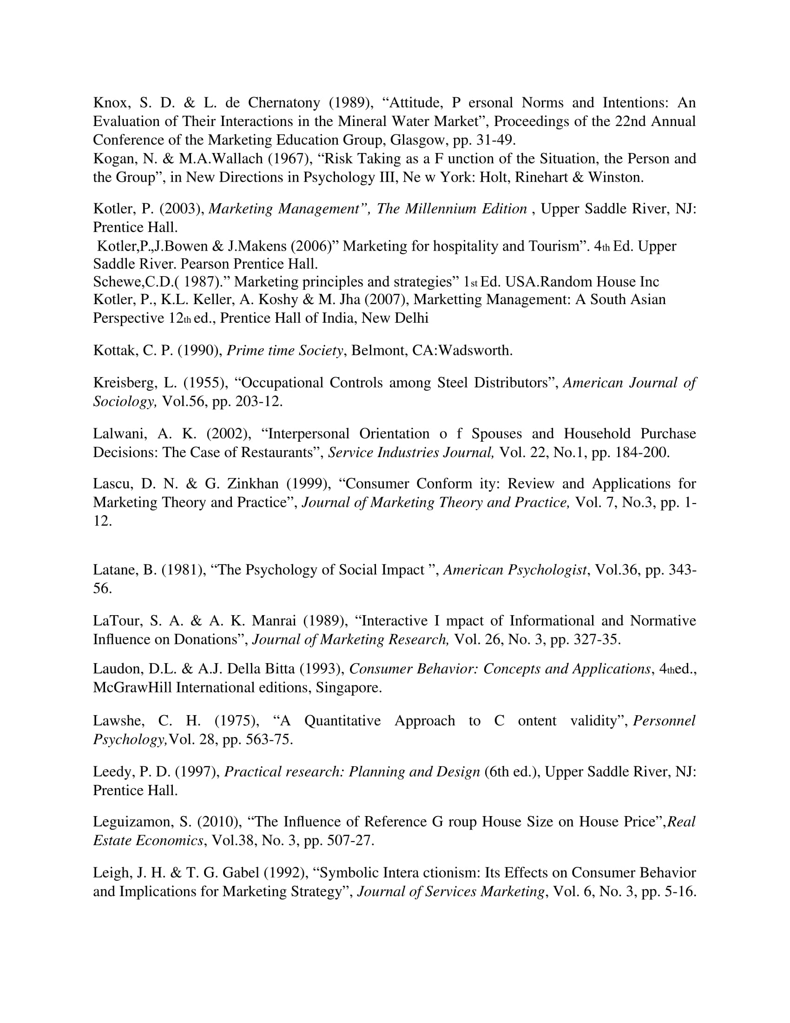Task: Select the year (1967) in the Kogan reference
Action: coord(290,159)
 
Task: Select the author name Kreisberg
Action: coord(124,383)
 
